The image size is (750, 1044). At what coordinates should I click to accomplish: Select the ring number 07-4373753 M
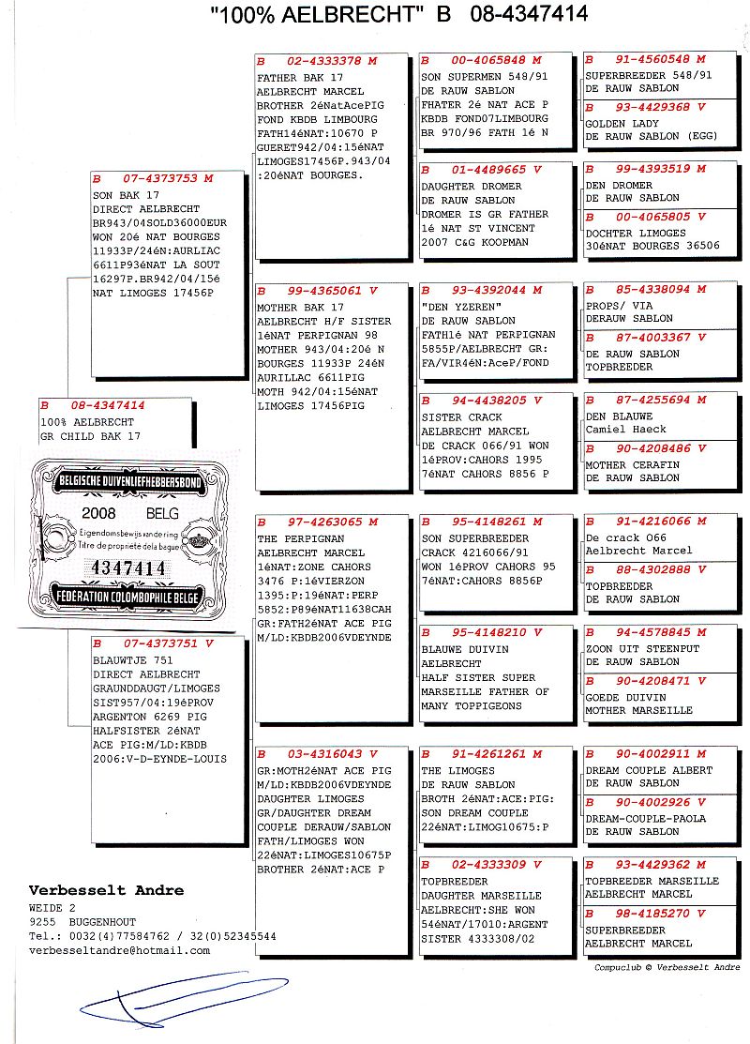click(x=159, y=178)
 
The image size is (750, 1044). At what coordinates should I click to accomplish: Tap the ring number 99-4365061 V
click(x=323, y=291)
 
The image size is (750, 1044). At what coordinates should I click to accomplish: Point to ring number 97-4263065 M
click(x=323, y=522)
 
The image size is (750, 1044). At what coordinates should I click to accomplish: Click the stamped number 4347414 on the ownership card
click(x=125, y=568)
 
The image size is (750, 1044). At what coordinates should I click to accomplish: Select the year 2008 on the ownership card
click(x=98, y=514)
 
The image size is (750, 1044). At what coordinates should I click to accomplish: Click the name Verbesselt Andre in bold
click(x=106, y=890)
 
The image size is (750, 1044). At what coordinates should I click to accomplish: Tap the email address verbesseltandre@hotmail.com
click(x=120, y=950)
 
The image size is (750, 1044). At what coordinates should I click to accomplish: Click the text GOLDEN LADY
click(x=622, y=124)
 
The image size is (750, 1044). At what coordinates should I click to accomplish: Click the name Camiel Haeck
click(x=624, y=429)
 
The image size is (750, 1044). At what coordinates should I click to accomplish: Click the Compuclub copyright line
click(x=667, y=967)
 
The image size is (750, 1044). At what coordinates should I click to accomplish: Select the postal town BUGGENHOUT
click(x=105, y=922)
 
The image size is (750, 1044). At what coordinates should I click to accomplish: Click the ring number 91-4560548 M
click(x=652, y=59)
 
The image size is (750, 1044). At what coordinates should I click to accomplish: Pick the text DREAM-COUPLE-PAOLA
click(x=645, y=818)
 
